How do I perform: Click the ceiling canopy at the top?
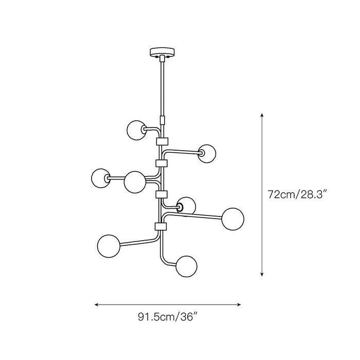(x=162, y=52)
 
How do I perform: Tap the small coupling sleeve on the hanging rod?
(x=163, y=120)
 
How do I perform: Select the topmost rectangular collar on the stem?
(x=162, y=141)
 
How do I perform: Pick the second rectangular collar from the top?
(x=161, y=164)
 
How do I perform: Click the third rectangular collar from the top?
(x=161, y=194)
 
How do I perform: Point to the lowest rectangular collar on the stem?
(x=160, y=226)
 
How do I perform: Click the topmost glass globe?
(x=136, y=130)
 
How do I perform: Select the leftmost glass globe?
(x=101, y=178)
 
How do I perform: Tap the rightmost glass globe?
(x=233, y=219)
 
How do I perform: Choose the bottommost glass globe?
(x=186, y=266)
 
